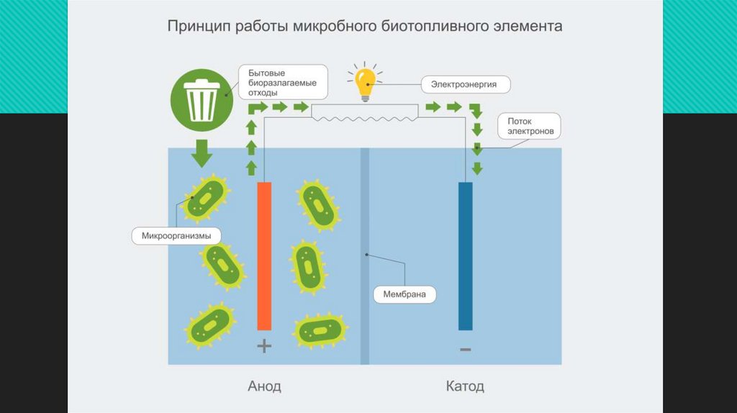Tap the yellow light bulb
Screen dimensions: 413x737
point(366,81)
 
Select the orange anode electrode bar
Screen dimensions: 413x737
point(264,255)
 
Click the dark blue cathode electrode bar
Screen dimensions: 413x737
point(466,255)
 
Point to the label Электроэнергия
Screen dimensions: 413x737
point(464,85)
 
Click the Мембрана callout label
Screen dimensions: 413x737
point(404,294)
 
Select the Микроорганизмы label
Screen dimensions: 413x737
point(176,235)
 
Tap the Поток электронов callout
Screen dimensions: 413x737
point(529,127)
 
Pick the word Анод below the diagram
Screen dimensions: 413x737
point(264,386)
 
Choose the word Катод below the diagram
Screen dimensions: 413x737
point(465,386)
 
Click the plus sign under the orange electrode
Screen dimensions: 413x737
point(264,346)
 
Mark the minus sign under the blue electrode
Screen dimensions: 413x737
point(466,350)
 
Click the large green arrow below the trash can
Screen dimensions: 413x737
point(201,152)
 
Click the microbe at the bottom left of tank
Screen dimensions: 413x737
point(209,326)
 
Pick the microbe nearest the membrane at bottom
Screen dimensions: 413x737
point(320,330)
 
